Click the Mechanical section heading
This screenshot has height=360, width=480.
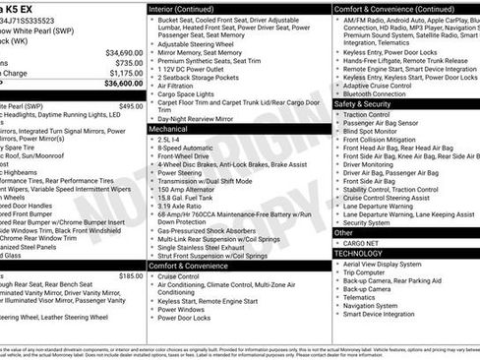[168, 129]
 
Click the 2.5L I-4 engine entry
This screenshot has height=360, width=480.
[169, 140]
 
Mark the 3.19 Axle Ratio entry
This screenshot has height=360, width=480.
[180, 205]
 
